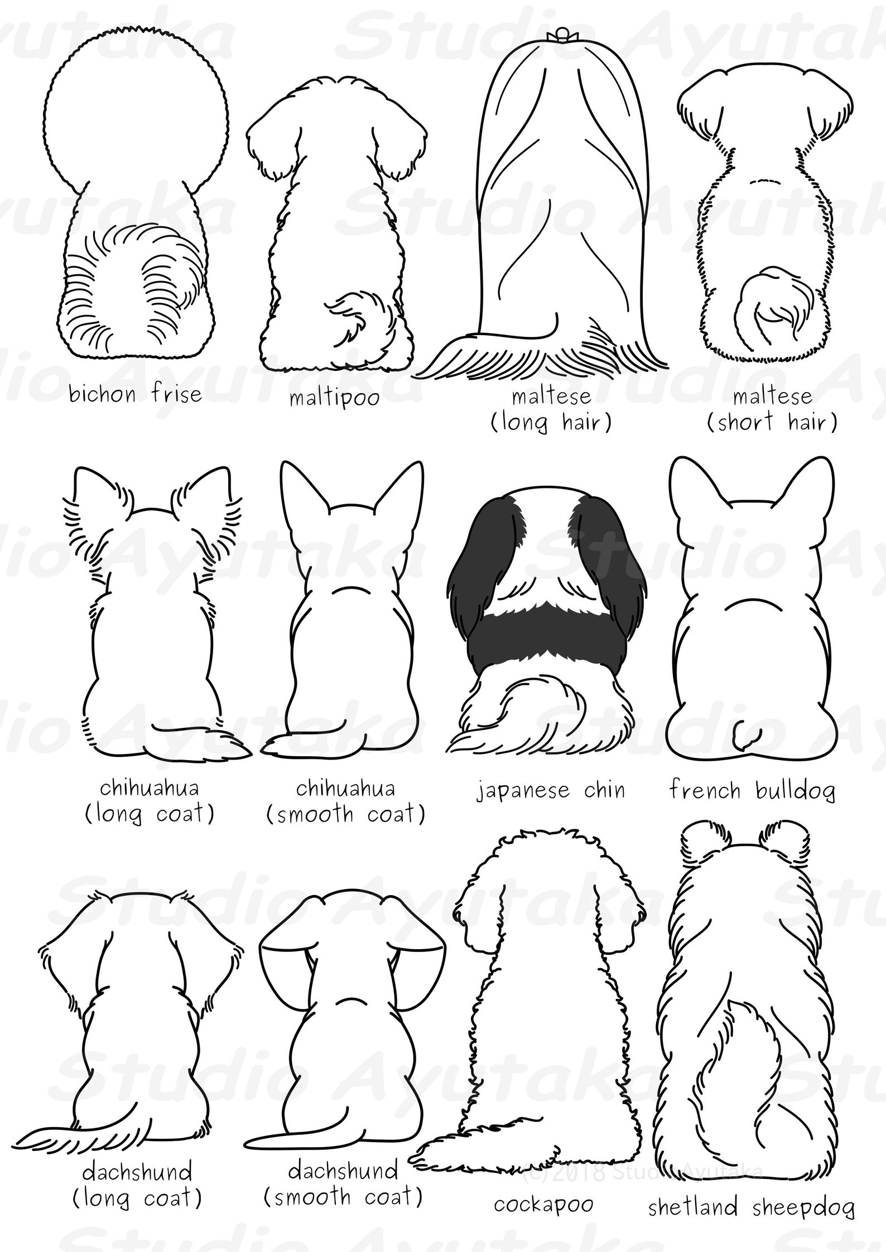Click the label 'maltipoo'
[x=334, y=398]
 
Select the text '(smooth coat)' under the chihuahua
[x=345, y=814]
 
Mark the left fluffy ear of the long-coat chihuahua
[x=92, y=505]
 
